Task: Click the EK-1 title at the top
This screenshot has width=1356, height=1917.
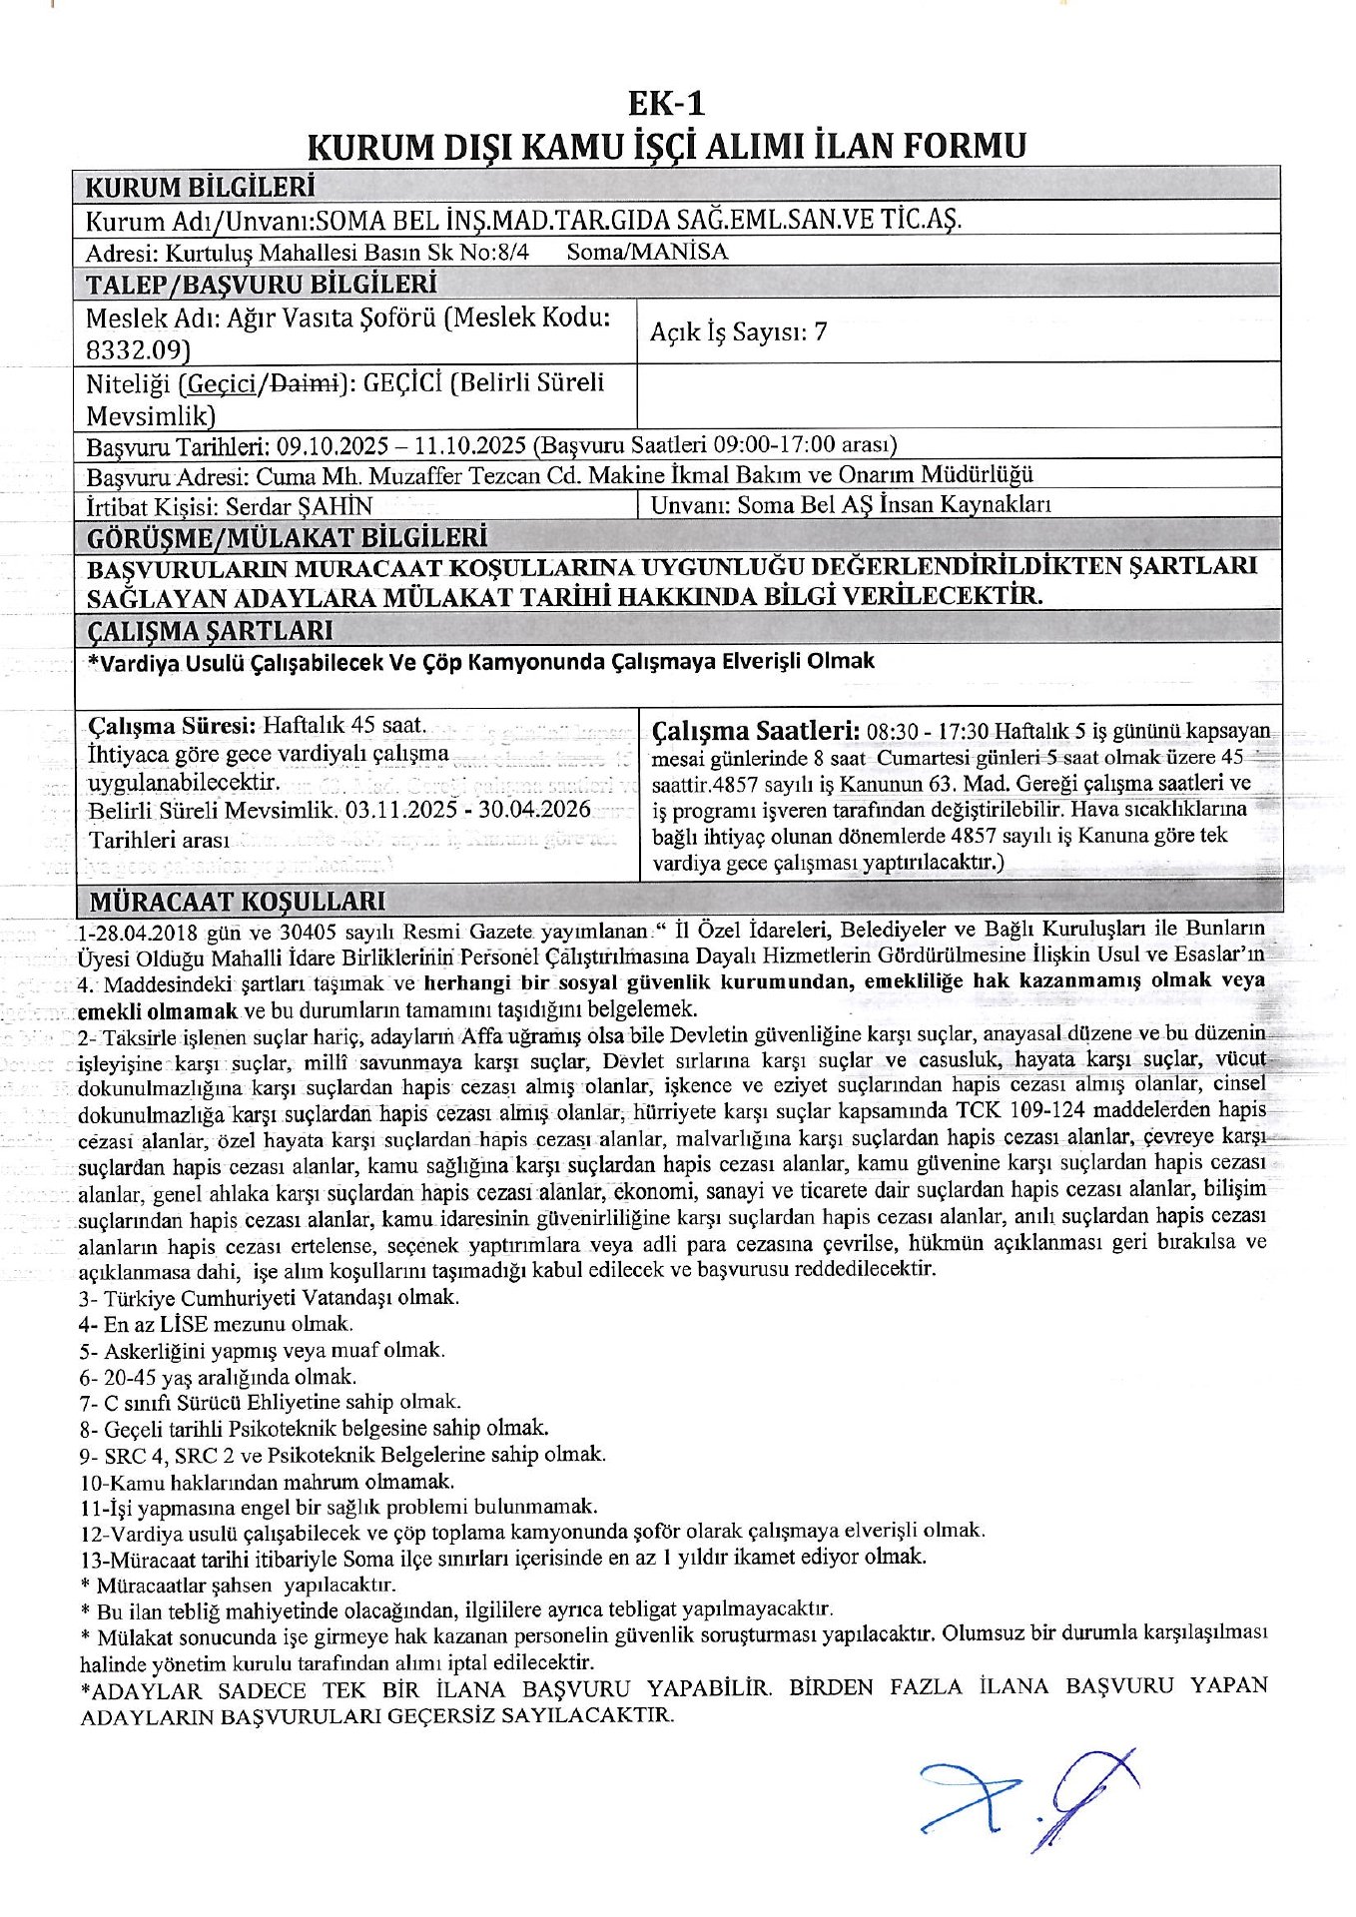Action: pos(666,103)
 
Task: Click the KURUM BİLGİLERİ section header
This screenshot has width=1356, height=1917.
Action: pos(200,187)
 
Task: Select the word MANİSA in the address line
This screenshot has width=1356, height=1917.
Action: pos(680,252)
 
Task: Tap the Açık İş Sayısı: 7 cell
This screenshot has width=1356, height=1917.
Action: pos(738,332)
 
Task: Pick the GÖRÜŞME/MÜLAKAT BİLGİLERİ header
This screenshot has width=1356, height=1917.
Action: pos(287,538)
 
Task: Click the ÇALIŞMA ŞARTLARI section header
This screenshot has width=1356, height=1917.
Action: pos(211,631)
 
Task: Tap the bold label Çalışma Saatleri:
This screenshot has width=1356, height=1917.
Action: pos(755,730)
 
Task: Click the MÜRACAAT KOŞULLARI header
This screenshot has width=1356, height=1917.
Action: pos(238,901)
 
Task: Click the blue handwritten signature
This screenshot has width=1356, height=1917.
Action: pos(1028,1798)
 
